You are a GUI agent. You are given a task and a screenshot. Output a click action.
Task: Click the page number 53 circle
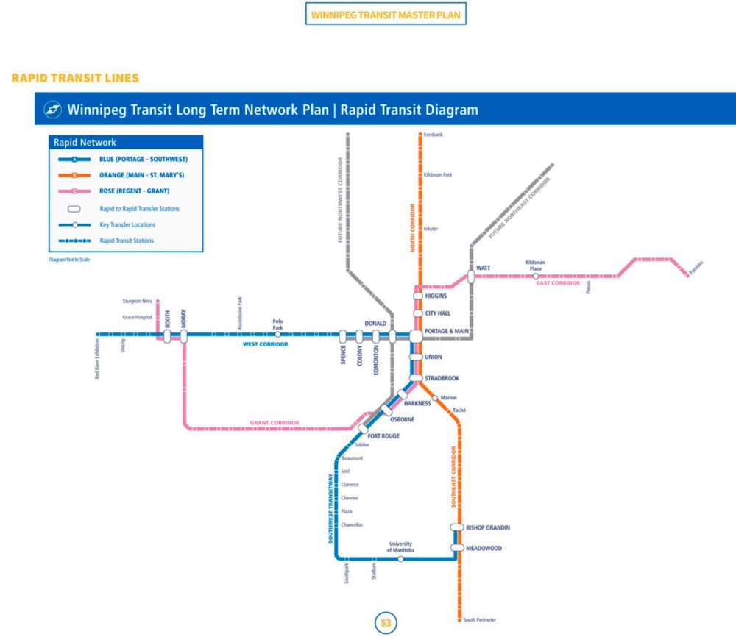(x=386, y=623)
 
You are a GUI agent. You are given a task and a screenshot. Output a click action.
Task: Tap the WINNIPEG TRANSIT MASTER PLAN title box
(x=386, y=15)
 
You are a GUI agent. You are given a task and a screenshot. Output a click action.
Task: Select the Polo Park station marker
(x=277, y=335)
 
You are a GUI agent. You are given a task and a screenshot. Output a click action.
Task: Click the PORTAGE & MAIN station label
(x=447, y=331)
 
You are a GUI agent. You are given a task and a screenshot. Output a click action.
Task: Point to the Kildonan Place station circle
(x=535, y=276)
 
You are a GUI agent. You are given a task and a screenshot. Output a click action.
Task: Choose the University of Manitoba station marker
(x=400, y=559)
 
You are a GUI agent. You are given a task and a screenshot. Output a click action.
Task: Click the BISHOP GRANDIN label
(x=488, y=527)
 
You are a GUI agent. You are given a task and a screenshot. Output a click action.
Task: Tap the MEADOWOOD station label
(x=484, y=548)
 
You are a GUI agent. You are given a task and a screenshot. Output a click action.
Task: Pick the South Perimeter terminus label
(x=479, y=620)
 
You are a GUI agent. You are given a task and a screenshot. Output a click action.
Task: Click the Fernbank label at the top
(x=434, y=135)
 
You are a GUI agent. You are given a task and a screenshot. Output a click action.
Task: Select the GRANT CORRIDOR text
(x=275, y=423)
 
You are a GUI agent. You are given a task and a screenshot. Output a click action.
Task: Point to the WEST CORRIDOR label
(x=265, y=344)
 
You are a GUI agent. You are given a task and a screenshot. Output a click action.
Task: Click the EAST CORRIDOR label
(x=558, y=283)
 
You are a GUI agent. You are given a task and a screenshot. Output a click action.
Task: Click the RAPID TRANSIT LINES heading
(x=75, y=78)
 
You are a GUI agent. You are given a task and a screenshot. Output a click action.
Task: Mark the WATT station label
(x=483, y=268)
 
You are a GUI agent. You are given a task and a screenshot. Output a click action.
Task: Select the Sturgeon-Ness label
(x=137, y=301)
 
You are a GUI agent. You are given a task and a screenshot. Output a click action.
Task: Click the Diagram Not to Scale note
(x=69, y=260)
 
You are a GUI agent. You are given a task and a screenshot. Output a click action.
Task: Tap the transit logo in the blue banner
(x=52, y=110)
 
